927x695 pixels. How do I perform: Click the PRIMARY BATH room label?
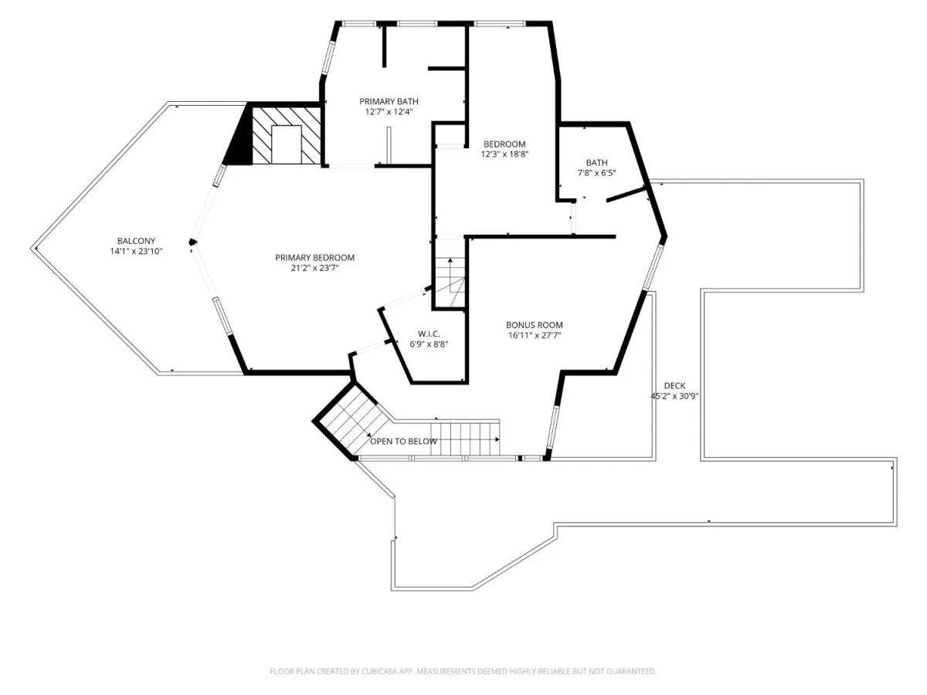tap(389, 101)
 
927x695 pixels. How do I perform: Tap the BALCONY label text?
tap(136, 241)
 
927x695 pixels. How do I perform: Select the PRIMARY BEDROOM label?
tap(314, 257)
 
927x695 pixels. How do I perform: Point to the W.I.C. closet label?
tap(429, 334)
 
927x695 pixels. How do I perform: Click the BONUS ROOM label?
tap(535, 325)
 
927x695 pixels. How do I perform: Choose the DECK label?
tap(674, 385)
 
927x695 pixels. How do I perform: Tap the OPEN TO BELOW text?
tap(403, 442)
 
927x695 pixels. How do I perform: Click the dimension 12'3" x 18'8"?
tap(504, 154)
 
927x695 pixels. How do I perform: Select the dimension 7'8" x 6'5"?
tap(596, 172)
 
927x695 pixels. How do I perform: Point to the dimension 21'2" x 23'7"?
tap(314, 268)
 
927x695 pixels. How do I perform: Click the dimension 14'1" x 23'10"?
tap(136, 252)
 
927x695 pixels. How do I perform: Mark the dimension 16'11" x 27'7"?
tap(535, 335)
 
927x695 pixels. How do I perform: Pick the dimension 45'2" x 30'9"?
tap(674, 396)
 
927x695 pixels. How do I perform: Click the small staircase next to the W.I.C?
tap(450, 282)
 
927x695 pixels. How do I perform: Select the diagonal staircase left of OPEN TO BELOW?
tap(351, 420)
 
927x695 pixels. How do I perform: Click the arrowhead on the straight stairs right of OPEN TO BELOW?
tap(497, 439)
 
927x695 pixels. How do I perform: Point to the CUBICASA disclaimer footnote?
tap(463, 671)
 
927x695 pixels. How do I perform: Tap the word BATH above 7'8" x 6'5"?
tap(596, 162)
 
